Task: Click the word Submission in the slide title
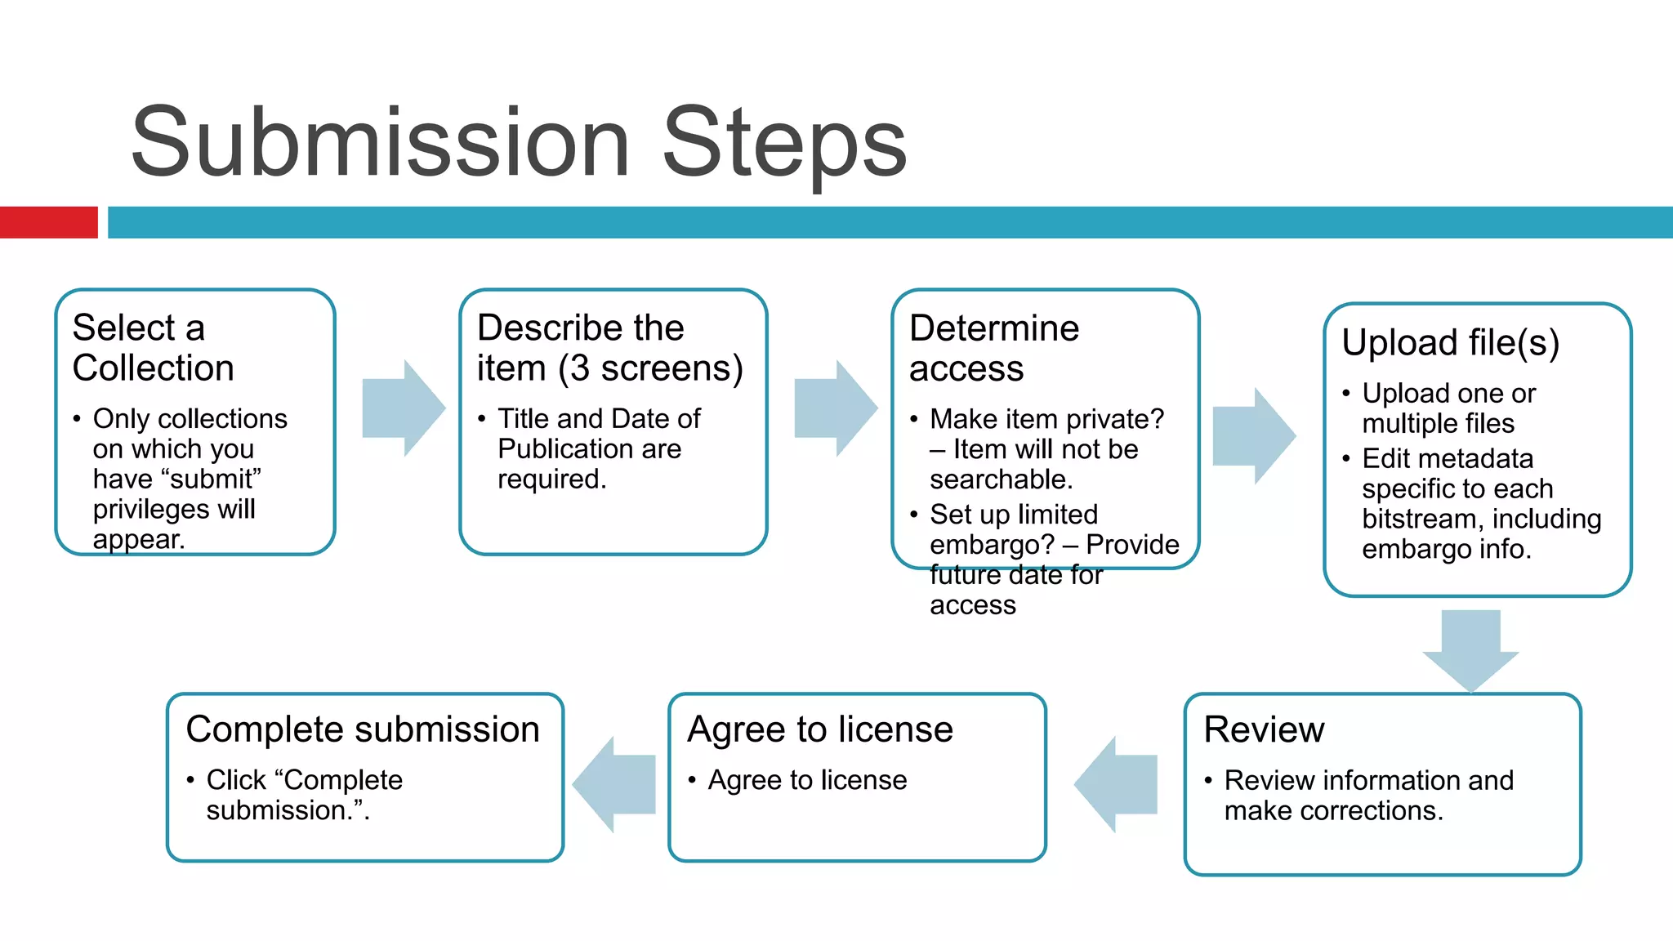tap(380, 143)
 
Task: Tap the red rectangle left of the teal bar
tap(48, 222)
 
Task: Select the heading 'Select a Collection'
tap(153, 348)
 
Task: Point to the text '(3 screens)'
tap(651, 368)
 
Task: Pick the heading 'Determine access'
tap(993, 348)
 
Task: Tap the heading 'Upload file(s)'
tap(1450, 342)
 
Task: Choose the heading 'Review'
tap(1264, 729)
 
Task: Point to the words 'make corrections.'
tap(1333, 811)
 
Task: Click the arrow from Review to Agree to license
tap(1116, 784)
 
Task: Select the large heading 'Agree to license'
tap(820, 729)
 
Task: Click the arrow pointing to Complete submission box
tap(614, 784)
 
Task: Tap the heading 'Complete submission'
tap(363, 729)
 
